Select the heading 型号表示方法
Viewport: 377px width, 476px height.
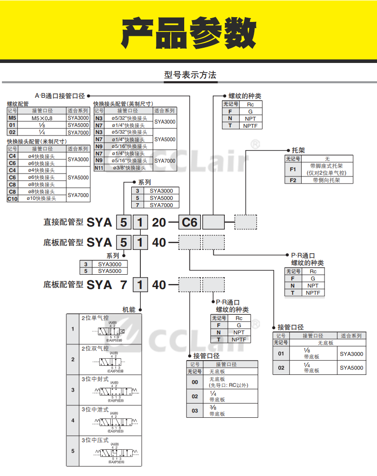click(190, 75)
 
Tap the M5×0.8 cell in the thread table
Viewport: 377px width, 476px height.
click(42, 118)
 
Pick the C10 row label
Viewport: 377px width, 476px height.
click(13, 198)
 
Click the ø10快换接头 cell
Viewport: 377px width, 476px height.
click(42, 198)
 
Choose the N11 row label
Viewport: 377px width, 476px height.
click(99, 168)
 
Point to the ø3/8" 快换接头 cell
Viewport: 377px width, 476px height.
click(129, 168)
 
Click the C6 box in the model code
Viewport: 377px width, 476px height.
click(190, 222)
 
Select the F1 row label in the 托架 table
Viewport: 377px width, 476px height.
click(293, 169)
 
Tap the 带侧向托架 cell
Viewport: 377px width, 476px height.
click(327, 180)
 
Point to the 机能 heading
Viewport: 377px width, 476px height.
click(129, 310)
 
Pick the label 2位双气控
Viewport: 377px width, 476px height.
click(95, 349)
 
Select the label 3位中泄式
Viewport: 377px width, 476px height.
click(95, 409)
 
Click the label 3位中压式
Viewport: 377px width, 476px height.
click(95, 440)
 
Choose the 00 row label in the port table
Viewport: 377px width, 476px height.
click(195, 382)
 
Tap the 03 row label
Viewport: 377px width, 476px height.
click(195, 411)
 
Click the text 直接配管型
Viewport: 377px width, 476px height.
click(63, 222)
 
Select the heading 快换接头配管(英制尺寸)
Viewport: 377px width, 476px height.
click(123, 103)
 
